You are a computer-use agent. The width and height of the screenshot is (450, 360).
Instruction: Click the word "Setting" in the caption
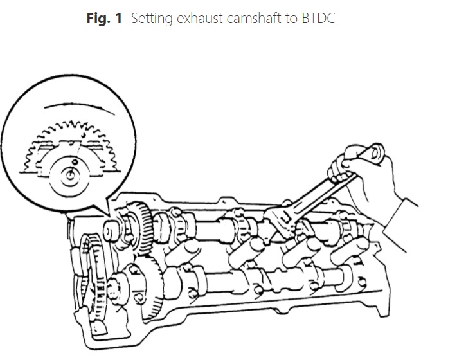tap(152, 19)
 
